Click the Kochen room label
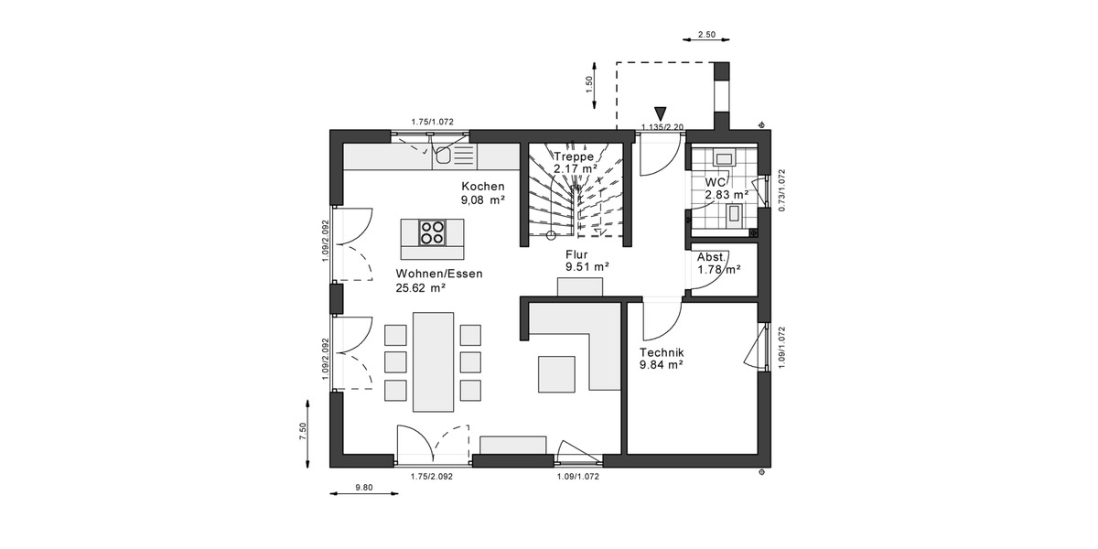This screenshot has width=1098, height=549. [x=482, y=186]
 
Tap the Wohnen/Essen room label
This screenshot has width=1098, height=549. [x=439, y=274]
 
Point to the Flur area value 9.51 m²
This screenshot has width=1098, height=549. [x=587, y=267]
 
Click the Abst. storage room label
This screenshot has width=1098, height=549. [x=712, y=257]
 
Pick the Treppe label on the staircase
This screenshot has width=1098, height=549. [x=574, y=156]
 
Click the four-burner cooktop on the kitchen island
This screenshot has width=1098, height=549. [x=432, y=233]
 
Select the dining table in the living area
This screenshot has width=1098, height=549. [x=433, y=361]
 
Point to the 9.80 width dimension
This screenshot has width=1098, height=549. [x=363, y=488]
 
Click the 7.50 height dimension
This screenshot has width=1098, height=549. [x=303, y=431]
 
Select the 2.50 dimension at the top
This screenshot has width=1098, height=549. [x=706, y=34]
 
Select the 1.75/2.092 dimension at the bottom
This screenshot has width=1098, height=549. [x=432, y=476]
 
